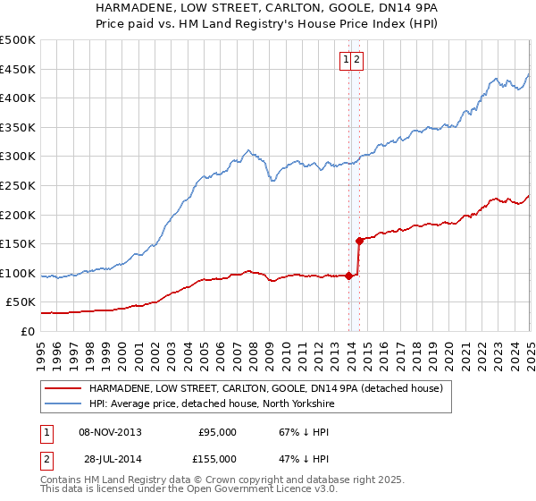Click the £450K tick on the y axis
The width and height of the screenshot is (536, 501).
tap(18, 69)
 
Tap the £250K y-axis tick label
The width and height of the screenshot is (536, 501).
tap(18, 186)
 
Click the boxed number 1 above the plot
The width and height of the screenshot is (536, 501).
tap(345, 60)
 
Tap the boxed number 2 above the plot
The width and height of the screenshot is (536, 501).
tap(356, 60)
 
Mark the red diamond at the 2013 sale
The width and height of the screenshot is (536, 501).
tap(348, 276)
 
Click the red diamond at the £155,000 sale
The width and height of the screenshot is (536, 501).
tap(359, 241)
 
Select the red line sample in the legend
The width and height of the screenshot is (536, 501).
tap(62, 389)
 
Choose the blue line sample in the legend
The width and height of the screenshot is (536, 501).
tap(62, 403)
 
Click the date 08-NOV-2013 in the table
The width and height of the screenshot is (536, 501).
tap(111, 432)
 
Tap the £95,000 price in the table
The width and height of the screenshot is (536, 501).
tap(217, 432)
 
